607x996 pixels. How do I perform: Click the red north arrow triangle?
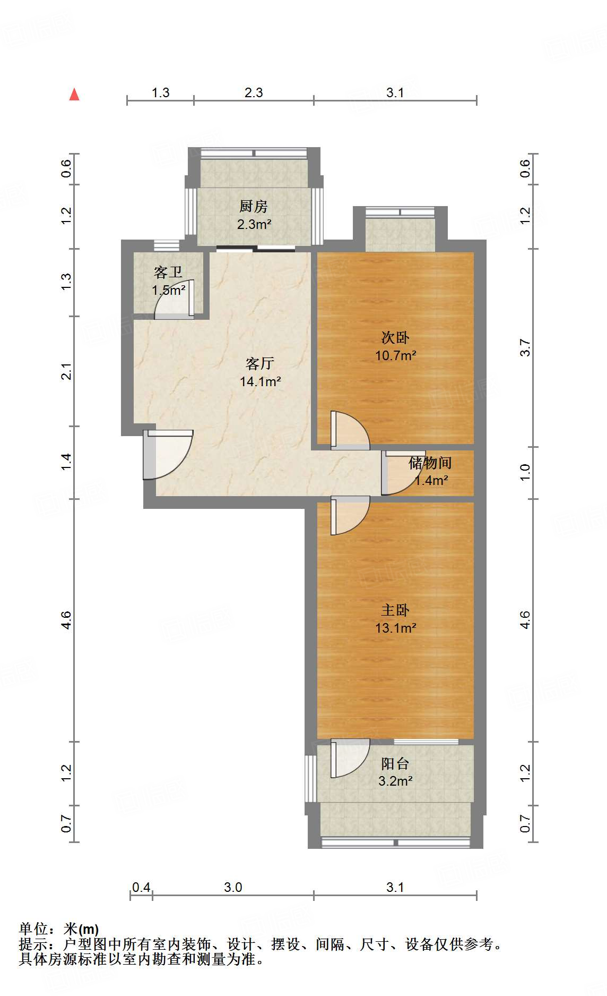point(74,95)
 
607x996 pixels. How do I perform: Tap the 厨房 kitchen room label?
point(254,206)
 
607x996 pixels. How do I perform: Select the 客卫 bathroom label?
point(168,273)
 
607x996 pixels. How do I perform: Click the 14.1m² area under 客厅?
point(260,381)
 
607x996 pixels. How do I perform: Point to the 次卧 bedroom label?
point(395,338)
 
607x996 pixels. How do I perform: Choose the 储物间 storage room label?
point(430,463)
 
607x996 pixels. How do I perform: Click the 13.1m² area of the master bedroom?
point(395,628)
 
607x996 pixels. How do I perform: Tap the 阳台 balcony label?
point(395,764)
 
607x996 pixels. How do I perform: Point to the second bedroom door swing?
point(349,429)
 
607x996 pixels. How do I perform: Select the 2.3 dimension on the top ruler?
point(254,93)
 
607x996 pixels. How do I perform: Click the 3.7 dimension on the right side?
point(525,347)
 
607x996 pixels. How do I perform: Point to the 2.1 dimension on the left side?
point(66,371)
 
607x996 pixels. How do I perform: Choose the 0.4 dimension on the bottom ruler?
point(141,887)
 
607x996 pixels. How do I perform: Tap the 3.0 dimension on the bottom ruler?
point(233,887)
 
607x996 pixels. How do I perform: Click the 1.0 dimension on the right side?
point(525,472)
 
